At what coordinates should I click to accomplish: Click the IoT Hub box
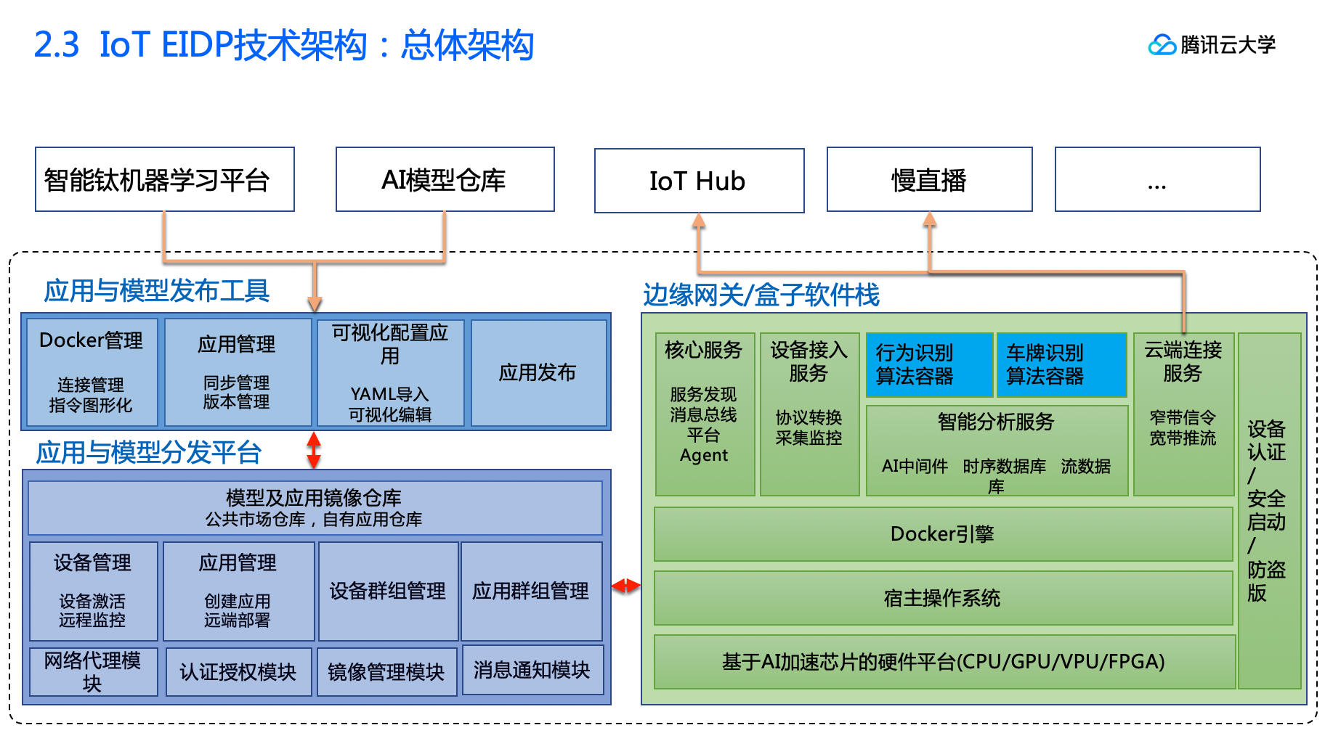coord(699,181)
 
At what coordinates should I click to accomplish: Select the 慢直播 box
coord(929,180)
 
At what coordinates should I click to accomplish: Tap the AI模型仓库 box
coord(445,180)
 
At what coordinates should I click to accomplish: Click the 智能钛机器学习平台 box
coord(165,180)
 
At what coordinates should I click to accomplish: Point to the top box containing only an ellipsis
coord(1157,180)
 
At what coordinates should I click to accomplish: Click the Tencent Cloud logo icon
coord(1162,45)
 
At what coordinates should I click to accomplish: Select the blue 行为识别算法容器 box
coord(929,364)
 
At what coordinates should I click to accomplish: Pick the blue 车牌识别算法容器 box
coord(1061,364)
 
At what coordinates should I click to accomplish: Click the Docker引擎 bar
coord(943,534)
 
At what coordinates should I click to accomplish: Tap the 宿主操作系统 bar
coord(943,598)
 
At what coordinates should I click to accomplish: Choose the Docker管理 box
coord(92,372)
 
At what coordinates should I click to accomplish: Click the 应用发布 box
coord(538,372)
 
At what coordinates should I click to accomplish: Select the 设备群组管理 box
coord(388,591)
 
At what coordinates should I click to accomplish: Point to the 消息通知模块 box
coord(532,670)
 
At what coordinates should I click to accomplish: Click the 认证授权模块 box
coord(238,672)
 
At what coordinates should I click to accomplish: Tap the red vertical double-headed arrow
coord(314,450)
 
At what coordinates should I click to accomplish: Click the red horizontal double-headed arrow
coord(625,585)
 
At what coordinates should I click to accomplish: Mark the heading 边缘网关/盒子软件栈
coord(761,295)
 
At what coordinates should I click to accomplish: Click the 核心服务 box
coord(704,414)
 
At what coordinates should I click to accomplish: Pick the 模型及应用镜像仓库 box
coord(315,507)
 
